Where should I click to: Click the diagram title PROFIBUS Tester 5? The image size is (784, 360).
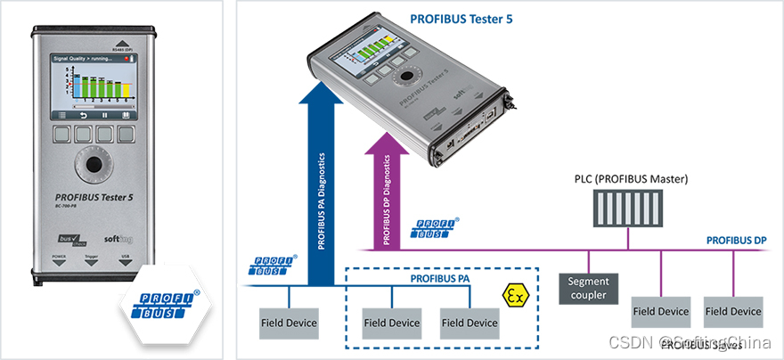pos(461,17)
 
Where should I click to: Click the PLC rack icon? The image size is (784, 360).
pos(629,210)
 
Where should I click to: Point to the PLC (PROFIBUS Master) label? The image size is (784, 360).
pos(631,179)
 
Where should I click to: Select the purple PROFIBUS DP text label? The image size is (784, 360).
pos(736,240)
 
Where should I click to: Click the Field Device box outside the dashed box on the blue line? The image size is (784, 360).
pos(289,323)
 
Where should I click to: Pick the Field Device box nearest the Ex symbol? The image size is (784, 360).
pos(470,323)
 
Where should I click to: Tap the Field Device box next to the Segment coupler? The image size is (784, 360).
pos(660,312)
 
